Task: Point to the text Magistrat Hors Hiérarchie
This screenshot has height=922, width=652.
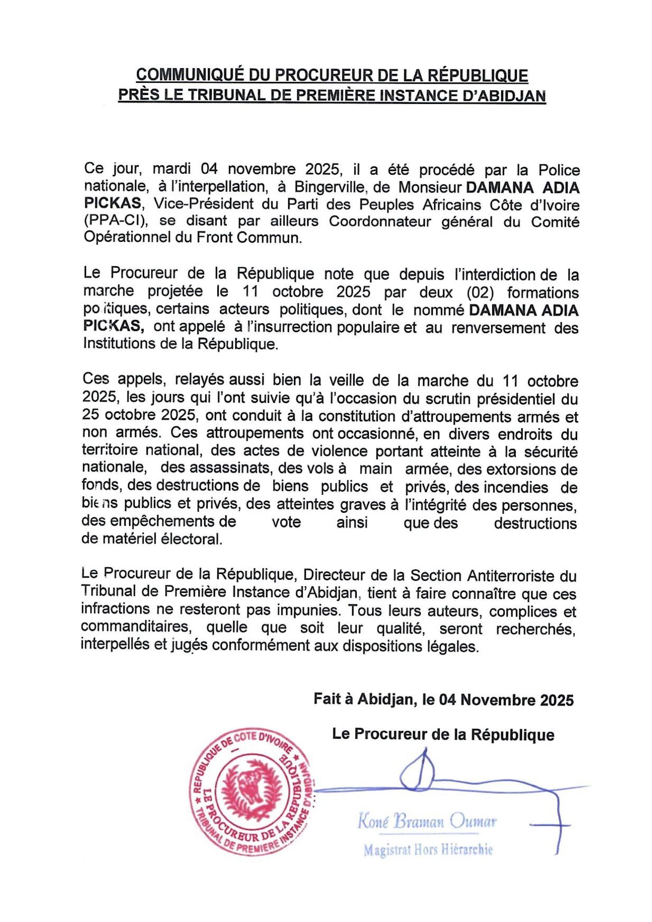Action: (x=428, y=850)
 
